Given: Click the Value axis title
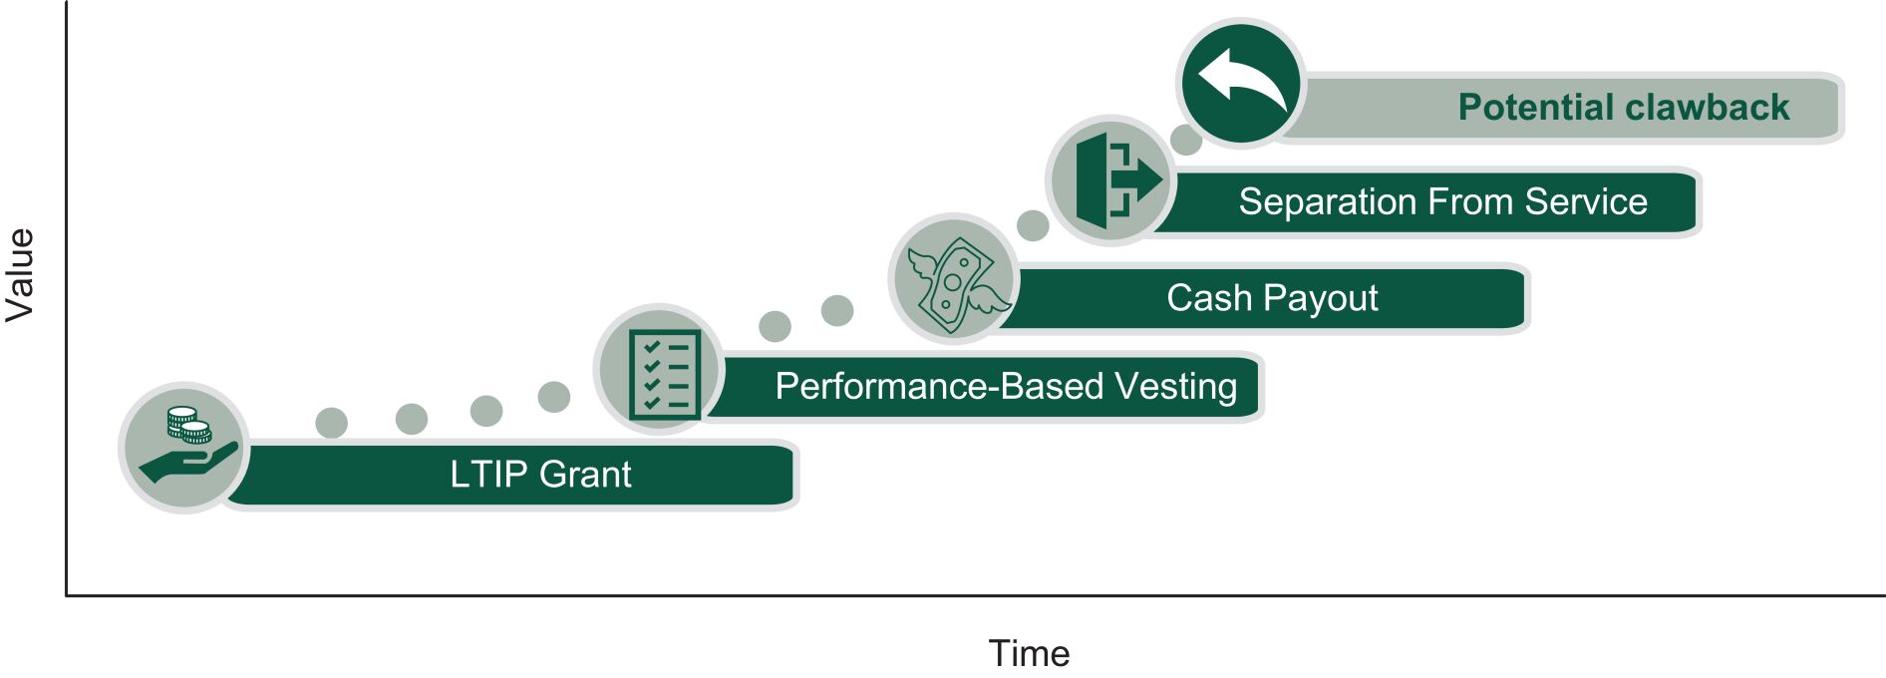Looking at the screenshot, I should pyautogui.click(x=20, y=275).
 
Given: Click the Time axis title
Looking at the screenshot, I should pyautogui.click(x=1029, y=654).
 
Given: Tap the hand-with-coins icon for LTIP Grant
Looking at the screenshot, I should pyautogui.click(x=185, y=448).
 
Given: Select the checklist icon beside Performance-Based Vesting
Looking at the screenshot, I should pyautogui.click(x=661, y=371).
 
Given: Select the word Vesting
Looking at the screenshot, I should pyautogui.click(x=1175, y=387).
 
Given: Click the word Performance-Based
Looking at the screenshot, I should pyautogui.click(x=938, y=387).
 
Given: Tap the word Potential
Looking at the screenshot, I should pyautogui.click(x=1536, y=108).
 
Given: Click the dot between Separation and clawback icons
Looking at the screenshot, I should pyautogui.click(x=1185, y=140).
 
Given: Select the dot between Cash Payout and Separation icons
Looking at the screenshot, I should pyautogui.click(x=1033, y=225).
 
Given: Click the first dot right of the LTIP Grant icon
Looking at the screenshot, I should pyautogui.click(x=331, y=423).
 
